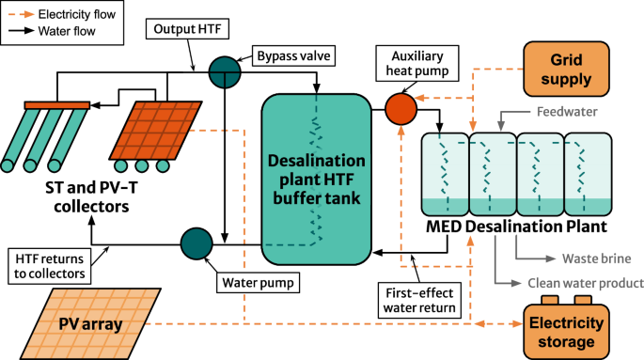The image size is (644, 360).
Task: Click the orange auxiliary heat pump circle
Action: click(x=401, y=108)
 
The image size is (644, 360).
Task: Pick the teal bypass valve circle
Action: click(x=224, y=70)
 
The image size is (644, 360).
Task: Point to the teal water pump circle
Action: click(x=198, y=243)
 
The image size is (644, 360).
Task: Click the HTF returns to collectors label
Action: click(x=48, y=265)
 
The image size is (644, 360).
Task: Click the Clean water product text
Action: click(x=586, y=282)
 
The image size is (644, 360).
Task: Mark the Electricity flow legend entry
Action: click(x=66, y=14)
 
